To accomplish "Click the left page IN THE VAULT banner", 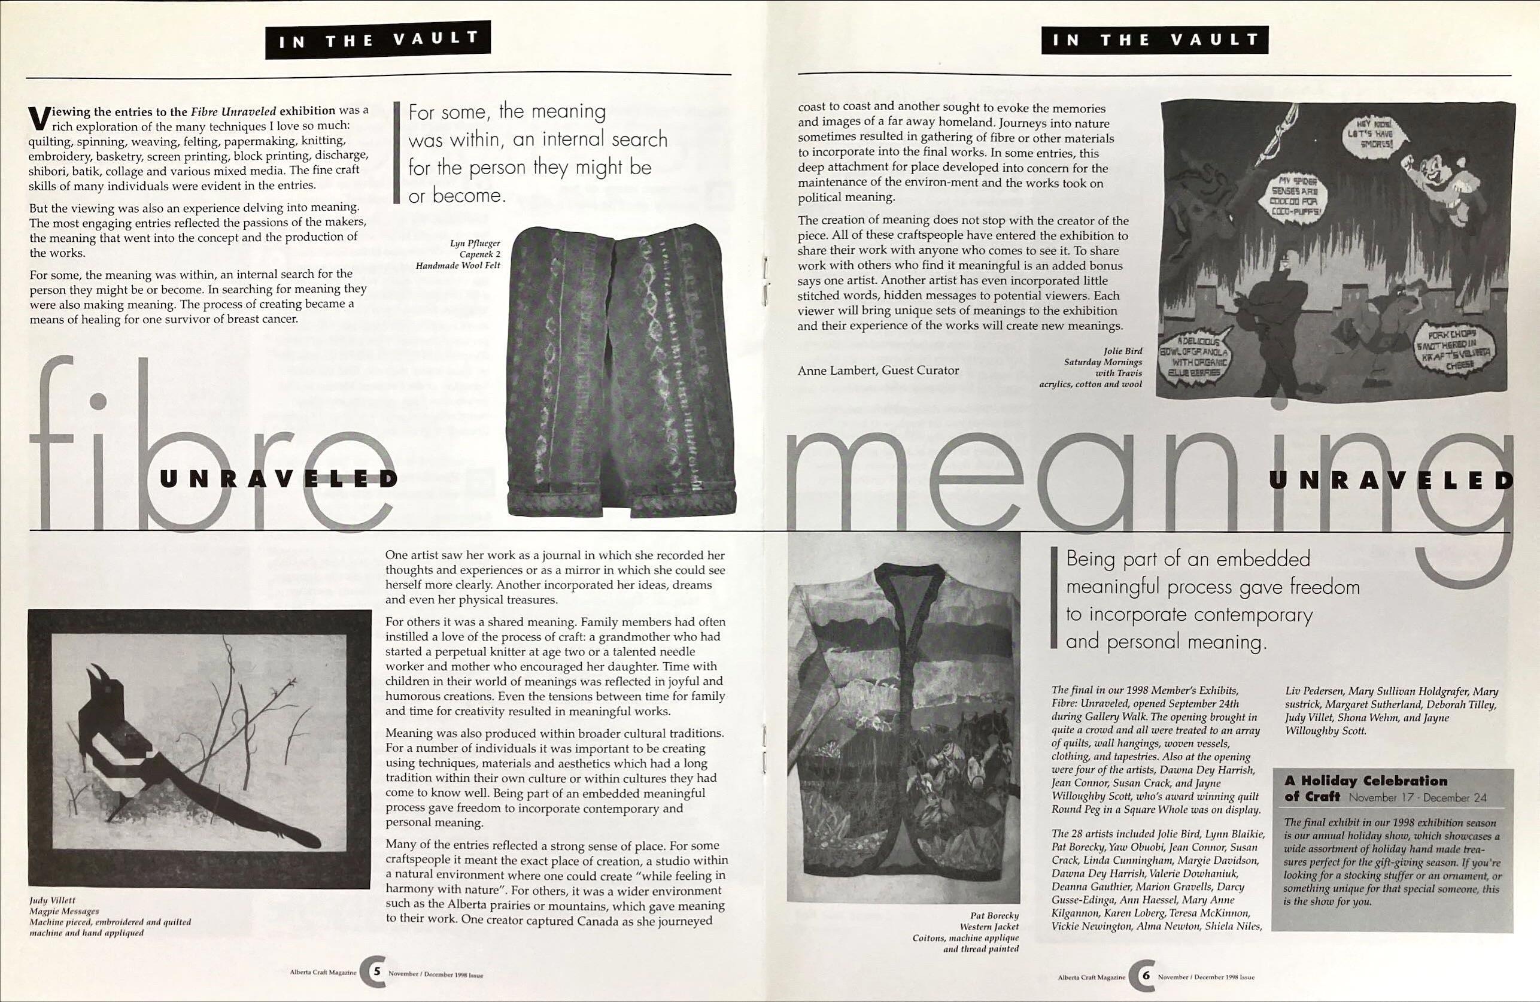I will [x=378, y=40].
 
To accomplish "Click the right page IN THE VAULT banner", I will [x=1155, y=40].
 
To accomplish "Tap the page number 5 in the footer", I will [x=376, y=971].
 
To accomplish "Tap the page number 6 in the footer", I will [x=1146, y=976].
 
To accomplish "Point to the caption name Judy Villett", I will [x=53, y=900].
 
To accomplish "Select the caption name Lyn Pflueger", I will [x=475, y=244].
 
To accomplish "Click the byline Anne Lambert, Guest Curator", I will [x=878, y=371].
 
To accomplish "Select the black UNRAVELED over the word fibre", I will [x=278, y=479].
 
